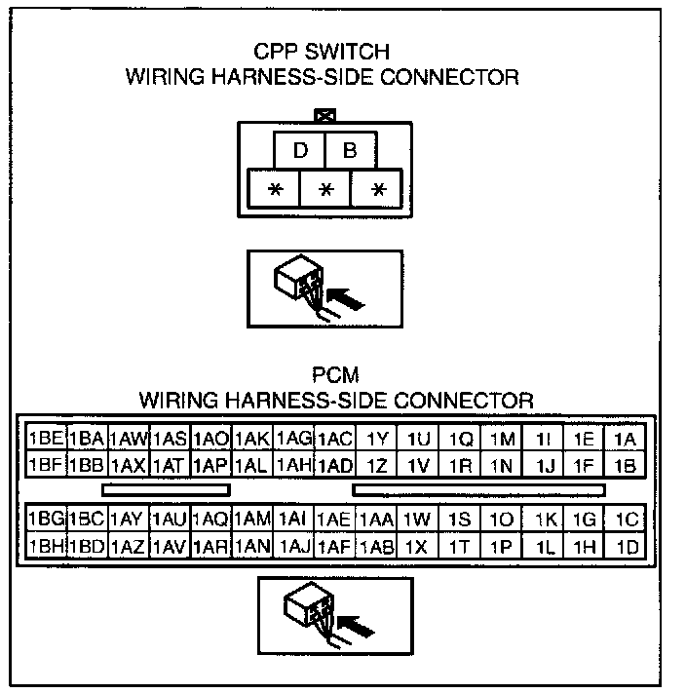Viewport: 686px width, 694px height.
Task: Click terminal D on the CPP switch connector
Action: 301,151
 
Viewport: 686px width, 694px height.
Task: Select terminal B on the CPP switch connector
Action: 350,151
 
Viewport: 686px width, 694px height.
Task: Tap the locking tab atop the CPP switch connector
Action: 326,115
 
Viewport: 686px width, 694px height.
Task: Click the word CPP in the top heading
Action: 275,53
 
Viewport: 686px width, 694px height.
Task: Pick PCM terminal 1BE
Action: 46,439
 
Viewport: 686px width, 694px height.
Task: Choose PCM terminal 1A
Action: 626,439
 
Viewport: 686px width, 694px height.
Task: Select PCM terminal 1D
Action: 627,548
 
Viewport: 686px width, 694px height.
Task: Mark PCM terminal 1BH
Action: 46,548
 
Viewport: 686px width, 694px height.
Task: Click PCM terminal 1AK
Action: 252,439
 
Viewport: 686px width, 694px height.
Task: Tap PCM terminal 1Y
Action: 377,439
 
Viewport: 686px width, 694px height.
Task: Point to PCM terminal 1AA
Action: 377,520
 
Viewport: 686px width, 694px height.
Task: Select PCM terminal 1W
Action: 418,520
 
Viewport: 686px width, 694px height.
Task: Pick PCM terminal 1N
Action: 502,465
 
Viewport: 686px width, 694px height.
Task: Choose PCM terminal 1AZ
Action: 129,548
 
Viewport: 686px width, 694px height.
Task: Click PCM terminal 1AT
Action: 170,465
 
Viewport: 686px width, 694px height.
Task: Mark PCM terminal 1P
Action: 502,548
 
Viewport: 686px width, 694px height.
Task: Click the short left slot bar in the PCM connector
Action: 166,490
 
